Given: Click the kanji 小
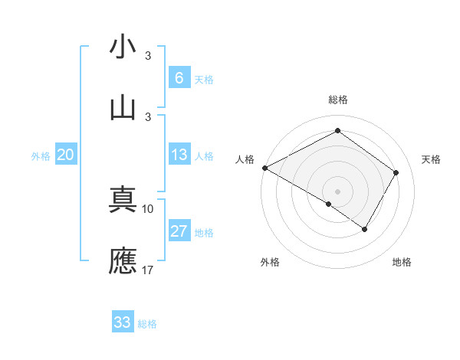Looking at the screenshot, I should tap(123, 47).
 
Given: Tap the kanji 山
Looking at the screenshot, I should tap(123, 107).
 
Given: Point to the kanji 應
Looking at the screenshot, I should tap(123, 260).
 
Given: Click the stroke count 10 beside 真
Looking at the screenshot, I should tap(148, 208).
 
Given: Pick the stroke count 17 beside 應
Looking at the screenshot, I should tap(148, 269).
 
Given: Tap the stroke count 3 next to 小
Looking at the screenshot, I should tap(148, 56).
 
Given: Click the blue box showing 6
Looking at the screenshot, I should tap(179, 78).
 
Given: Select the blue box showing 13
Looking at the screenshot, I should tap(179, 155).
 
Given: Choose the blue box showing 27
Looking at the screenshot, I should tap(179, 231).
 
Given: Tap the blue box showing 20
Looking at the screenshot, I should tap(66, 155).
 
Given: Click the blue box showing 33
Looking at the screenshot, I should tap(123, 322).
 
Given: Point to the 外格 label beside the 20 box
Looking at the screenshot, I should tap(41, 156).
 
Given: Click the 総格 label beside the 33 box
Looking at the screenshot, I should tap(148, 324).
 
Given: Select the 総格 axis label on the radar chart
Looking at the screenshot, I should tap(337, 100).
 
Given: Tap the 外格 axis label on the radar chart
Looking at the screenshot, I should tap(270, 263).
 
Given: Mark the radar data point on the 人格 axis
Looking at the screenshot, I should tap(264, 168).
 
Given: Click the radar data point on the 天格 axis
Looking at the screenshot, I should tap(396, 172).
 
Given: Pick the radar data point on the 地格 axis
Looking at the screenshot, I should tap(365, 229).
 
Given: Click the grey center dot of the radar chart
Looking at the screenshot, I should tap(337, 191).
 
